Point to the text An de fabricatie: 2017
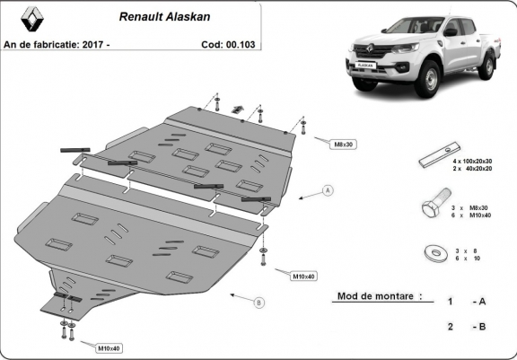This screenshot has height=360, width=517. [56, 42]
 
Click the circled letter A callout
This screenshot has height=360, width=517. [329, 191]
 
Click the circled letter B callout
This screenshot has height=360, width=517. [259, 303]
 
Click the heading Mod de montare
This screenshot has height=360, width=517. [378, 295]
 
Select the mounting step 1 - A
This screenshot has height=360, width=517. [468, 301]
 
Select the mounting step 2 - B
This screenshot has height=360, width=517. [468, 327]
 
